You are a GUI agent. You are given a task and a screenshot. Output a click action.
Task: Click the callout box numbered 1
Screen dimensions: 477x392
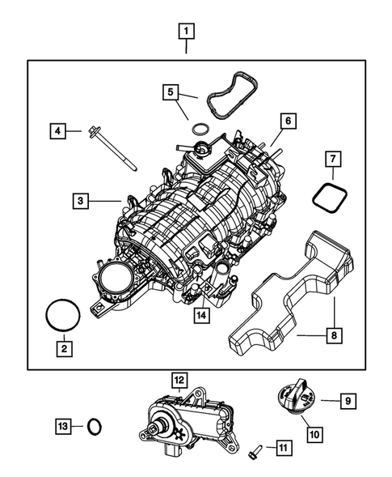click(187, 32)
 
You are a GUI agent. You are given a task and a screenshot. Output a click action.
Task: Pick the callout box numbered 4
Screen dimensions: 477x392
click(57, 130)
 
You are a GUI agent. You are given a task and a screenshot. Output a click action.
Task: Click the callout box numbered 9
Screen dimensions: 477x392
click(347, 399)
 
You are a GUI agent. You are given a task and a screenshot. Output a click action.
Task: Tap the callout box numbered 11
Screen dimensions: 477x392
click(282, 447)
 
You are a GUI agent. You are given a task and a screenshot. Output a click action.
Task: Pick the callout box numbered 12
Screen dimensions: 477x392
click(178, 379)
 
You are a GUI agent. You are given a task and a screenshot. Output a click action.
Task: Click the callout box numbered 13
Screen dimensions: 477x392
click(64, 425)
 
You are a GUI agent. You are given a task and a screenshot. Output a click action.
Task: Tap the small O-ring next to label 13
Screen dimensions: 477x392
click(95, 426)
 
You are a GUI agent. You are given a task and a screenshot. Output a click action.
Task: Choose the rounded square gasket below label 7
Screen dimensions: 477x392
click(328, 197)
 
